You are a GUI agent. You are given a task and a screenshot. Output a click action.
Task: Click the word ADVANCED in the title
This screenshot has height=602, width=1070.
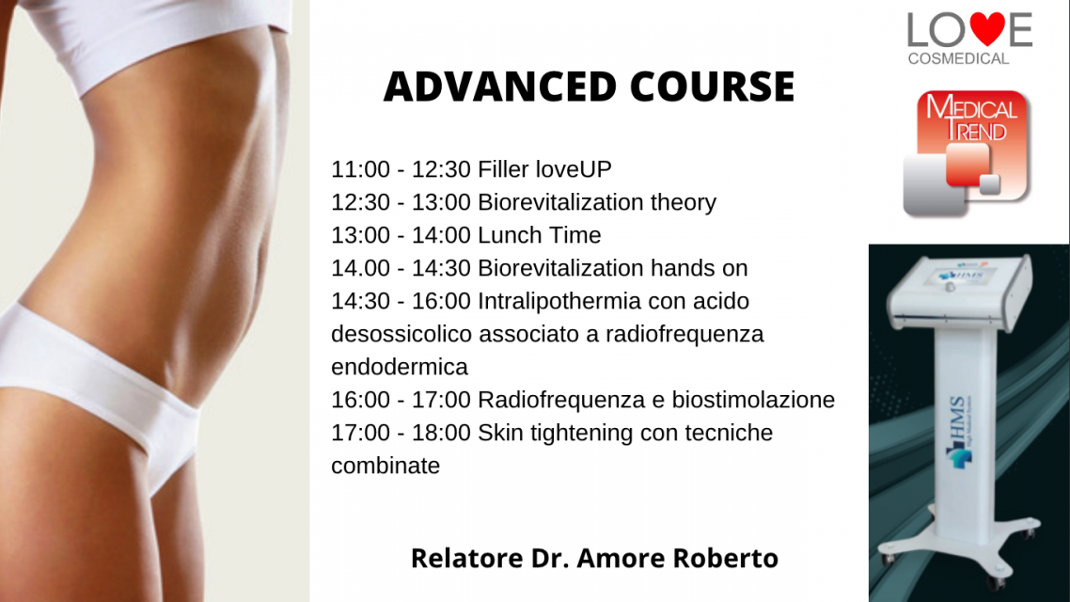tap(499, 87)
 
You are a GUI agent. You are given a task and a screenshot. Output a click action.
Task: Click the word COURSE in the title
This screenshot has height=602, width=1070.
tap(712, 87)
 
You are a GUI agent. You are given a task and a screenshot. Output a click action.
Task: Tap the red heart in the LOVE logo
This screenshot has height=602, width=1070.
tap(987, 28)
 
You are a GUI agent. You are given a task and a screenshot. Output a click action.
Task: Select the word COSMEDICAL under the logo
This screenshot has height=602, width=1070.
tap(958, 59)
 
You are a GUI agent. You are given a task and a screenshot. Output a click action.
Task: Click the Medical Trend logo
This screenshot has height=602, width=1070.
tap(967, 153)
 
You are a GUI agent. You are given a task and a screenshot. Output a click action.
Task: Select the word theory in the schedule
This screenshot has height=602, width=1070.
tap(683, 203)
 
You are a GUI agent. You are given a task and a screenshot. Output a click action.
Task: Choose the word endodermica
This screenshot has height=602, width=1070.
tap(400, 367)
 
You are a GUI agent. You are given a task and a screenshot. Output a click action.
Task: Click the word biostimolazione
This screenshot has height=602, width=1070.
tap(753, 400)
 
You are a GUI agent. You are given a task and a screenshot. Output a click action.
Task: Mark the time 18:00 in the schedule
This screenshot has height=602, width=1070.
tap(441, 433)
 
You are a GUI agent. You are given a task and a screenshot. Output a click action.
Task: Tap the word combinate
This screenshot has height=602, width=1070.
tap(386, 467)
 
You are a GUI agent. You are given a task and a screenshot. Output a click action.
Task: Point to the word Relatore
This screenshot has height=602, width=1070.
tap(466, 559)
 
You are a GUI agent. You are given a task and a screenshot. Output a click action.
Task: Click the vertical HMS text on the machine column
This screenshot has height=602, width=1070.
tap(957, 418)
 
